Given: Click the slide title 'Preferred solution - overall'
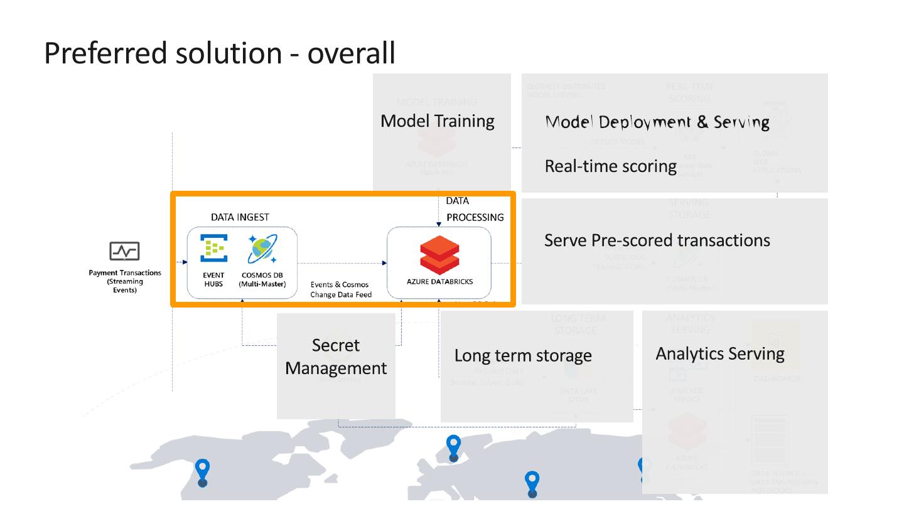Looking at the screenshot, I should click(x=220, y=53).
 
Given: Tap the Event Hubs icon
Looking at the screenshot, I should click(x=213, y=248).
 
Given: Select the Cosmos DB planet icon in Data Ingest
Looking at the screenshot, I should click(x=262, y=249).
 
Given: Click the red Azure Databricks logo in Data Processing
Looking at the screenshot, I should click(x=439, y=255).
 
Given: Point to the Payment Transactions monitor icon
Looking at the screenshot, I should click(x=124, y=251).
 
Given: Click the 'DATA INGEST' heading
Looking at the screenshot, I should click(x=240, y=217).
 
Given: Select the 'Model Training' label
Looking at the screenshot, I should click(x=438, y=121).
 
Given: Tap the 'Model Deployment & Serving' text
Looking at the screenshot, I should click(x=657, y=122).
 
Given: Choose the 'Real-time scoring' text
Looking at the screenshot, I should click(x=610, y=166).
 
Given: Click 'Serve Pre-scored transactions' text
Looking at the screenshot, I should click(x=657, y=240).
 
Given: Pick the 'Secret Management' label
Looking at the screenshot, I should click(x=336, y=356).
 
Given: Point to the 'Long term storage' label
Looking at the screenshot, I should click(x=523, y=355).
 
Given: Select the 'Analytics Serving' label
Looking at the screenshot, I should click(x=720, y=353).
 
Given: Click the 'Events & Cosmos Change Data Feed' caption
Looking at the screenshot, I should click(x=341, y=289).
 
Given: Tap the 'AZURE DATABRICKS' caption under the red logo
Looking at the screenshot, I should click(x=439, y=282).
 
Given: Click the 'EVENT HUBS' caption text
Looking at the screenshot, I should click(x=213, y=279).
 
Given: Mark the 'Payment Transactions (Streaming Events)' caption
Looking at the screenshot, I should click(x=125, y=281).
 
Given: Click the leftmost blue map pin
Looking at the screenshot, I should click(x=202, y=472).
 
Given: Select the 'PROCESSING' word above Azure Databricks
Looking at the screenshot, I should click(x=475, y=217).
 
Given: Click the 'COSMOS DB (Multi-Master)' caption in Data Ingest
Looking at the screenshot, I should click(x=262, y=279).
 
